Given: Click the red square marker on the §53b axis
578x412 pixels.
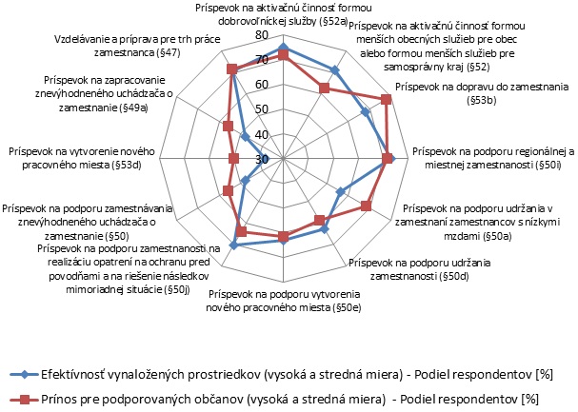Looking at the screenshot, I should (386, 100).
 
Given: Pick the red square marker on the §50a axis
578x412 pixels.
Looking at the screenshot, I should (367, 206).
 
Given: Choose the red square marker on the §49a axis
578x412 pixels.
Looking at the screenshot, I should (227, 127).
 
